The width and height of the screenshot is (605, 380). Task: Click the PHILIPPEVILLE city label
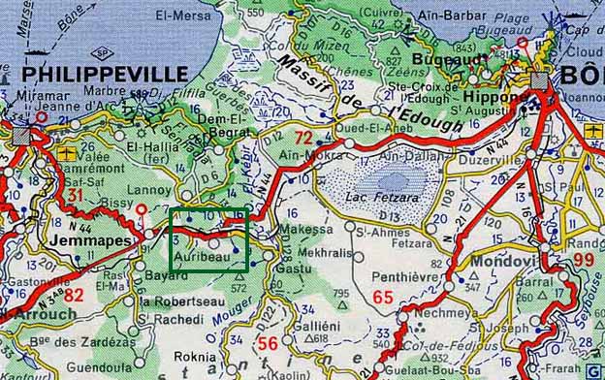tap(105, 74)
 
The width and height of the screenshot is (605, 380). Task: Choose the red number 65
tap(383, 298)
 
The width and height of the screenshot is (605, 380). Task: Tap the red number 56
tap(268, 343)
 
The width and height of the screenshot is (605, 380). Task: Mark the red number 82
tap(73, 295)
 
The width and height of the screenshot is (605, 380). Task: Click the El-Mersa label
tap(190, 15)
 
